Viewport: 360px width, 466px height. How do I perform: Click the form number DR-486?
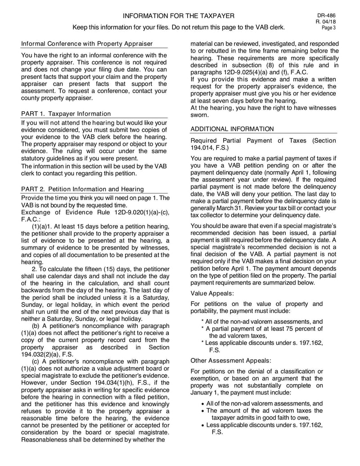click(x=328, y=15)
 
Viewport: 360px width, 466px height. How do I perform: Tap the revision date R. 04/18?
click(x=328, y=22)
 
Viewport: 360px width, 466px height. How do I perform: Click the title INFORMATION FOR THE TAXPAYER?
click(x=179, y=16)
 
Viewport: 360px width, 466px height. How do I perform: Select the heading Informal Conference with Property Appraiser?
click(x=87, y=44)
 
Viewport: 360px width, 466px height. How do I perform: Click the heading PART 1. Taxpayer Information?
click(x=66, y=114)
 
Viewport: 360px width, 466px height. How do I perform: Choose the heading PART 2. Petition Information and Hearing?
click(x=82, y=189)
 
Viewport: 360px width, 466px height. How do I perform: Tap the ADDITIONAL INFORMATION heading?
click(x=232, y=129)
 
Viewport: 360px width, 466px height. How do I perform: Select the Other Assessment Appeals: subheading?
click(x=231, y=361)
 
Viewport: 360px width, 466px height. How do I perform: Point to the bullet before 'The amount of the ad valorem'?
click(x=203, y=411)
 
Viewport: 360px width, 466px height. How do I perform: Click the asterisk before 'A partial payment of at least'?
click(x=202, y=328)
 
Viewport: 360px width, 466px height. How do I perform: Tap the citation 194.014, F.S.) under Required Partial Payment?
click(x=209, y=148)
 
